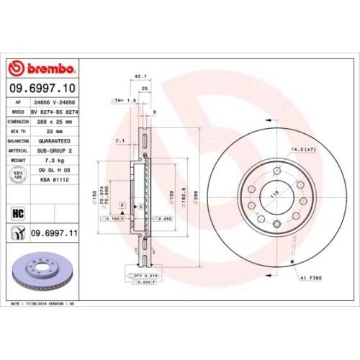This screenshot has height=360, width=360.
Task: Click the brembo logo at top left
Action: pyautogui.click(x=41, y=68)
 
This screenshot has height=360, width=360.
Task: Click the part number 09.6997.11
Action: pyautogui.click(x=55, y=233)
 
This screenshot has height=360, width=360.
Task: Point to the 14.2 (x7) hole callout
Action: pyautogui.click(x=302, y=149)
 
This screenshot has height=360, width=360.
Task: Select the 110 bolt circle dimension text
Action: pyautogui.click(x=274, y=194)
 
